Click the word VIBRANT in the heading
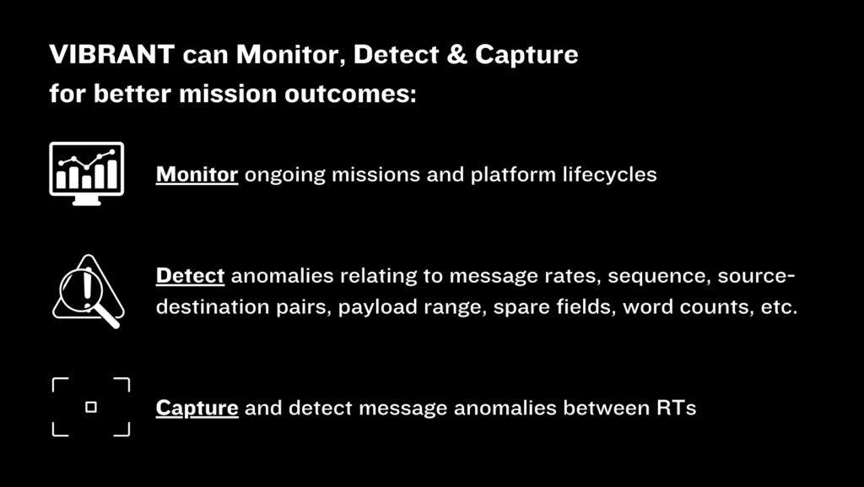(x=112, y=55)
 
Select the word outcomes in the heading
(x=350, y=95)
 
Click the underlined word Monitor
(x=197, y=175)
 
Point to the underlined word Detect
(x=190, y=275)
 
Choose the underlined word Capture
(x=197, y=409)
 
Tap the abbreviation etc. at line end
(x=779, y=307)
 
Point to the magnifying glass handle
(x=110, y=318)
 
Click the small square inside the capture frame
(x=91, y=407)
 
